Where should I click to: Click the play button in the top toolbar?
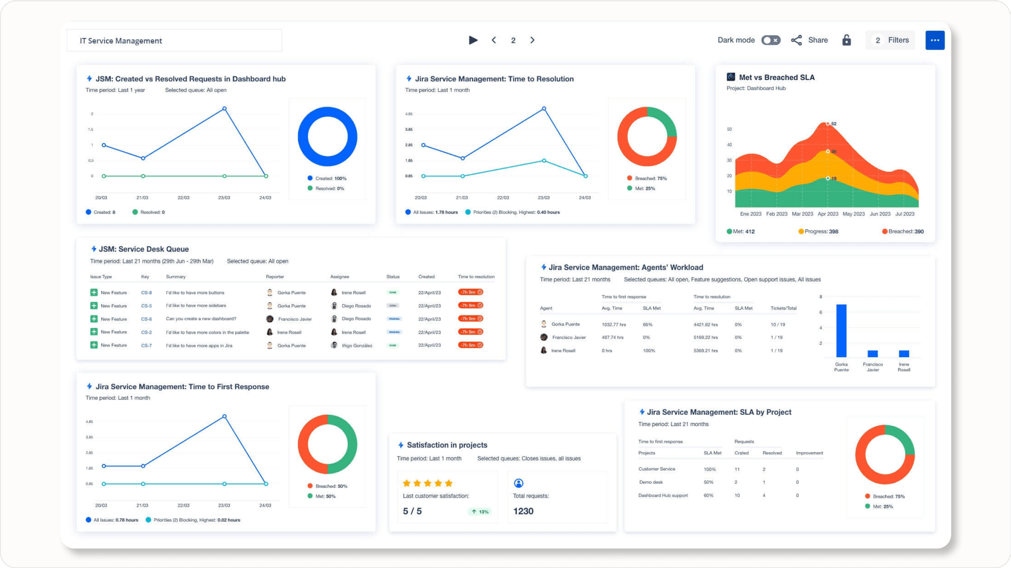pyautogui.click(x=473, y=40)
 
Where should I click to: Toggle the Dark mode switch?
pyautogui.click(x=770, y=40)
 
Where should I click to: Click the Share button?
pyautogui.click(x=810, y=40)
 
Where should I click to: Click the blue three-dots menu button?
pyautogui.click(x=935, y=40)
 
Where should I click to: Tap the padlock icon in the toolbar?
pyautogui.click(x=846, y=40)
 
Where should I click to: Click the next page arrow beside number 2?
pyautogui.click(x=532, y=40)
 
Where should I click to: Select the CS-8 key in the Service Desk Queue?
pyautogui.click(x=146, y=293)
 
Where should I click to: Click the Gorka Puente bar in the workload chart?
pyautogui.click(x=841, y=331)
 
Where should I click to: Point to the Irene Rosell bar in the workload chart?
pyautogui.click(x=904, y=353)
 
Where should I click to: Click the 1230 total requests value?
pyautogui.click(x=523, y=511)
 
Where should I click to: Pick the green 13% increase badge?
pyautogui.click(x=480, y=512)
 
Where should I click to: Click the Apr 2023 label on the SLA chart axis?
pyautogui.click(x=828, y=214)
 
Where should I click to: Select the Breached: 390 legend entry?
pyautogui.click(x=903, y=231)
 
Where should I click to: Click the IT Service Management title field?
pyautogui.click(x=174, y=41)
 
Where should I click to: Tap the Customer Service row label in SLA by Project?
pyautogui.click(x=657, y=469)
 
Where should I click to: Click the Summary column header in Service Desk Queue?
pyautogui.click(x=176, y=277)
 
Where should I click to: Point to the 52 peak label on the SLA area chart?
pyautogui.click(x=833, y=124)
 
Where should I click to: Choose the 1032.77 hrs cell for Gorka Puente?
pyautogui.click(x=614, y=325)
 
